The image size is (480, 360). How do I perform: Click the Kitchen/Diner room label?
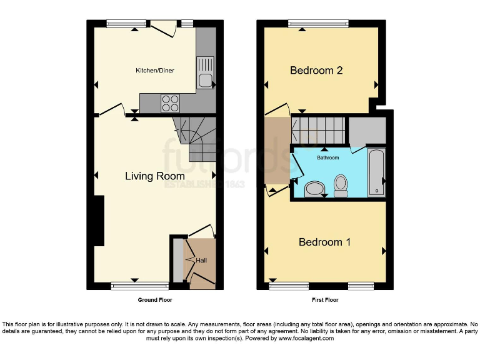point(155,71)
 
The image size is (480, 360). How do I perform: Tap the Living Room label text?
point(155,176)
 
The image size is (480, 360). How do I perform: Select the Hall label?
point(201,260)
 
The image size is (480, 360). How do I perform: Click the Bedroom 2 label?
point(316,71)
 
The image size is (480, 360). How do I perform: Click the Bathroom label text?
point(327,158)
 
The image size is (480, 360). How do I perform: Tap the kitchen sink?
point(205,72)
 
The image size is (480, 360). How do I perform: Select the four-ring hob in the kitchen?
point(170,102)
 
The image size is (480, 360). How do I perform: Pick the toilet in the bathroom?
point(341,185)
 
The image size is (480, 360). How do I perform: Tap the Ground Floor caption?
point(155,300)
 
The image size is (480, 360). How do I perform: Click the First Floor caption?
point(325,300)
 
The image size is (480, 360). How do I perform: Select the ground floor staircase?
point(196,139)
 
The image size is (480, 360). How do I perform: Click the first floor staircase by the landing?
point(319,129)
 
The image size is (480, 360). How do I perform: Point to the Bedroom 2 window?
point(318,24)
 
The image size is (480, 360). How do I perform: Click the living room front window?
point(140,286)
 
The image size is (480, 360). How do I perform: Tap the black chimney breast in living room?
point(99,221)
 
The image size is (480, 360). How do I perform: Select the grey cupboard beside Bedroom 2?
point(367,130)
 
